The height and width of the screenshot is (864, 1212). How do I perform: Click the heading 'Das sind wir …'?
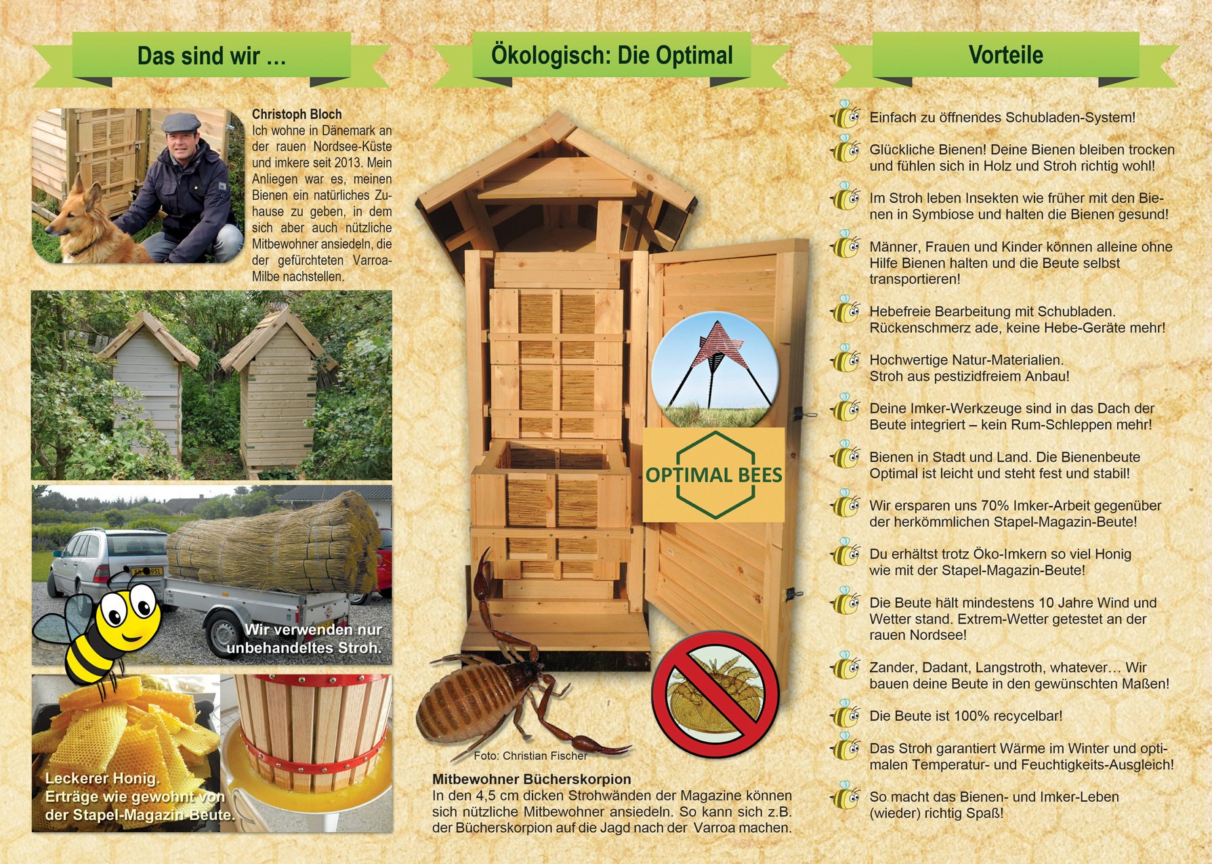[211, 56]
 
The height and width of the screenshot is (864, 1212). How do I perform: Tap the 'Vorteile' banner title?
[1005, 55]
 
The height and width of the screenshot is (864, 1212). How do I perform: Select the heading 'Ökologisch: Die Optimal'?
[612, 55]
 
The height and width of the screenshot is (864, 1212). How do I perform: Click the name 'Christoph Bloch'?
[297, 114]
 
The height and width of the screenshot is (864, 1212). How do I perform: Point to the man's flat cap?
[183, 122]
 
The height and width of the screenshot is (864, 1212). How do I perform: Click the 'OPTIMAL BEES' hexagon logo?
[713, 475]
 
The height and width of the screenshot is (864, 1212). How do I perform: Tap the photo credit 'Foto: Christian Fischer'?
[530, 756]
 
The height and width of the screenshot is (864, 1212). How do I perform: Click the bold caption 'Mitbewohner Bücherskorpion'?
[531, 779]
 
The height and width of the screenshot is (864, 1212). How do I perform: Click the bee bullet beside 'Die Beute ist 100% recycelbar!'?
[845, 715]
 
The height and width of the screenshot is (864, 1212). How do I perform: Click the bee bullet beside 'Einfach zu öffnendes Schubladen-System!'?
[845, 116]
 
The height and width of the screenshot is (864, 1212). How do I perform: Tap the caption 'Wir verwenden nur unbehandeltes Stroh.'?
[305, 639]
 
